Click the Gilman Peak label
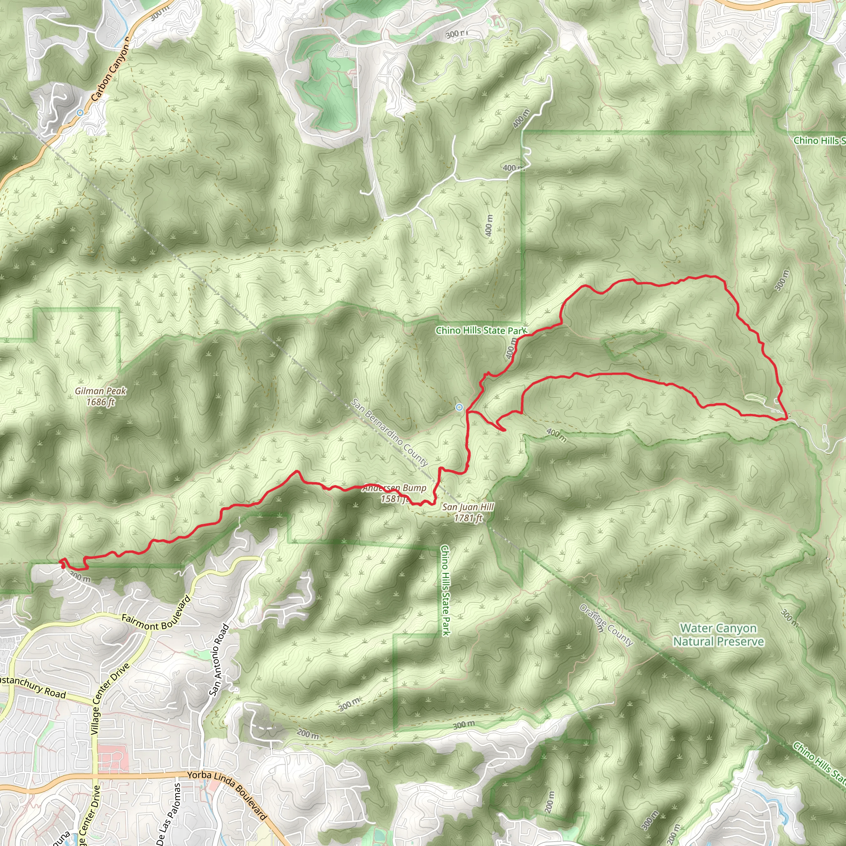[x=100, y=391]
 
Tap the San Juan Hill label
[x=468, y=507]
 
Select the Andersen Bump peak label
[x=394, y=488]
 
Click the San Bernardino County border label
[x=389, y=432]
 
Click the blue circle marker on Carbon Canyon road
[x=80, y=113]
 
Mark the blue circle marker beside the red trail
[x=459, y=408]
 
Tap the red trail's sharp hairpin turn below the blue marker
[x=504, y=430]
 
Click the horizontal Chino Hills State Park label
[x=481, y=330]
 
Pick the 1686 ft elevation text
[x=100, y=402]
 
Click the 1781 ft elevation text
[x=468, y=518]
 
